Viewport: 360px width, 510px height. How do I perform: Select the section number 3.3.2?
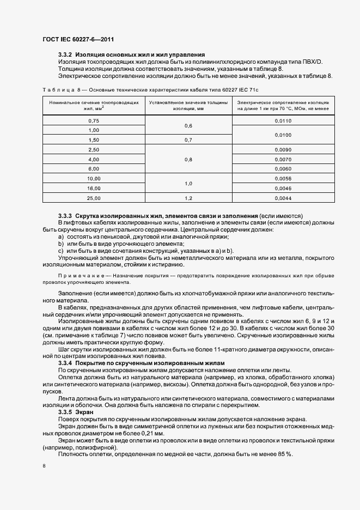[x=65, y=55]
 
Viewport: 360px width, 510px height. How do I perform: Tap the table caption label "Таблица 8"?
[x=60, y=89]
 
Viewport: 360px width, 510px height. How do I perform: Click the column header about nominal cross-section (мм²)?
[x=94, y=105]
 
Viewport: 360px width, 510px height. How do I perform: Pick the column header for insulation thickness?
[x=188, y=105]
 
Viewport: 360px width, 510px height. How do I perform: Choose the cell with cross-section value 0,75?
[x=94, y=120]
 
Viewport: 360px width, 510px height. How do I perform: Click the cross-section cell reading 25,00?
[x=94, y=198]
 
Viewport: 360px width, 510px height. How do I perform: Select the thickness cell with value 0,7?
[x=188, y=139]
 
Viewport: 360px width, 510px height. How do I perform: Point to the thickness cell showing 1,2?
[x=188, y=198]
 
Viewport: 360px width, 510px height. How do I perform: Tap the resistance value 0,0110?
[x=283, y=120]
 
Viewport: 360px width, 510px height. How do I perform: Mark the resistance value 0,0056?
[x=283, y=179]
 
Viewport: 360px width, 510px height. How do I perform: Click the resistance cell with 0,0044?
[x=283, y=198]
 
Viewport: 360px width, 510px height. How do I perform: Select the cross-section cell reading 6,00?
[x=94, y=169]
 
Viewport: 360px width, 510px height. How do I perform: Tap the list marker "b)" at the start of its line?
[x=61, y=244]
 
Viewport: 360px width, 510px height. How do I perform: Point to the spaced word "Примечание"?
[x=75, y=276]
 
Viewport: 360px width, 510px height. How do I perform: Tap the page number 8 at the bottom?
[x=44, y=466]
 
